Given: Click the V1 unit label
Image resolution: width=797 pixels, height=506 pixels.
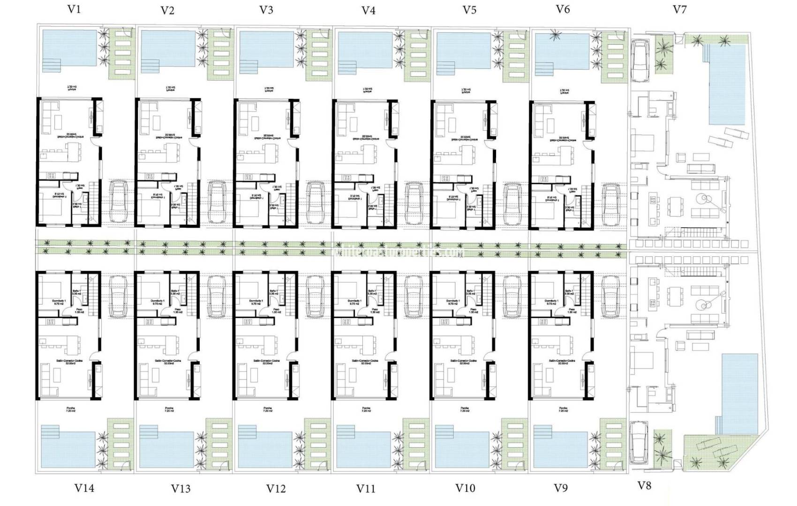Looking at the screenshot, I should click(x=74, y=9).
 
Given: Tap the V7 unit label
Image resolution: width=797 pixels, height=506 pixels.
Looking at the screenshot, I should click(x=679, y=9).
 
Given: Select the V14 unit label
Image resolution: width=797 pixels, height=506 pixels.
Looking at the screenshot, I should click(x=84, y=488).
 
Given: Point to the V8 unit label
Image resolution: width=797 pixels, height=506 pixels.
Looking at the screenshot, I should click(x=645, y=485).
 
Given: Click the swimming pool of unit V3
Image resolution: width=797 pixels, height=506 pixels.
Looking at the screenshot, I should click(x=266, y=52).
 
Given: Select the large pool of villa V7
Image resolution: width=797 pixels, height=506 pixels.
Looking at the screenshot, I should click(x=727, y=84).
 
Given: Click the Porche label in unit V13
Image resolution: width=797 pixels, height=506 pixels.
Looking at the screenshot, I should click(x=169, y=409).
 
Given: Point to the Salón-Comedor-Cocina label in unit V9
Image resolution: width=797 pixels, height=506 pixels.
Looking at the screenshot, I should click(x=562, y=361).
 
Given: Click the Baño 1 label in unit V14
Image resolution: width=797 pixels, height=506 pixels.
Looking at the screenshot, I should click(x=77, y=291).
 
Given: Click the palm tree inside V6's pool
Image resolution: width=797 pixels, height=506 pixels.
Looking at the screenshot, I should click(x=556, y=36).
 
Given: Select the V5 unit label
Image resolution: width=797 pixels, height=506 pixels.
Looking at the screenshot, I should click(x=469, y=10).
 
